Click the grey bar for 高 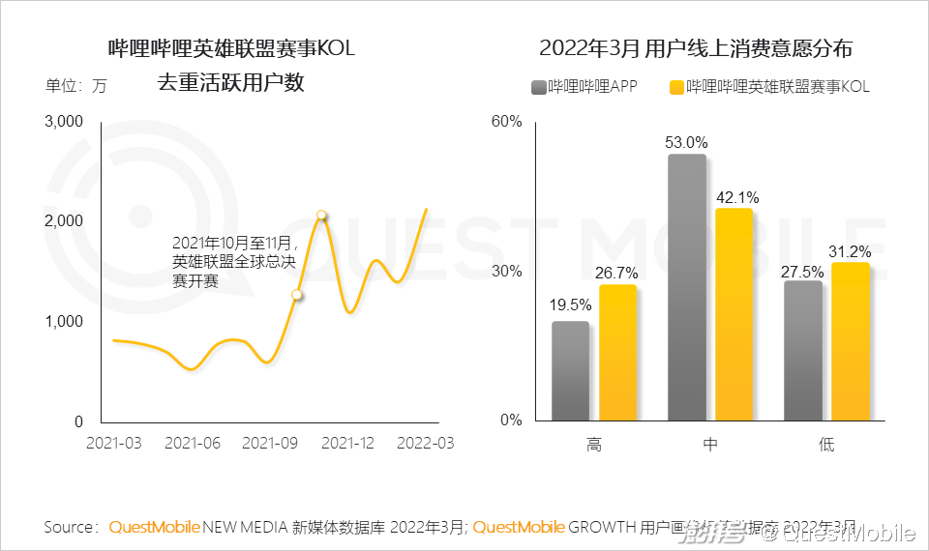570,371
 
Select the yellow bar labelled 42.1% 734,314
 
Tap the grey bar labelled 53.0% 687,287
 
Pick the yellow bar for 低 851,341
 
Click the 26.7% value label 617,274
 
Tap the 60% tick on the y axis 506,122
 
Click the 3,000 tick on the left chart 65,122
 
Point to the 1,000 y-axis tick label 65,321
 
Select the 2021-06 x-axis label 193,443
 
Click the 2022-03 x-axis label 425,443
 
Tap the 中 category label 710,445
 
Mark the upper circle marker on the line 321,216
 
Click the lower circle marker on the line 297,295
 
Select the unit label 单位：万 76,85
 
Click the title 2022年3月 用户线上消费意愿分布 695,48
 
